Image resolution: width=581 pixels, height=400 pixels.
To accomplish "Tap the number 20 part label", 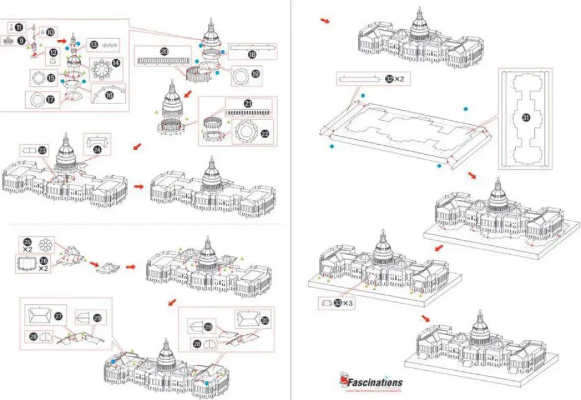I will pyautogui.click(x=164, y=52).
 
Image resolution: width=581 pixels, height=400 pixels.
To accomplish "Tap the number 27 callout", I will pyautogui.click(x=59, y=315).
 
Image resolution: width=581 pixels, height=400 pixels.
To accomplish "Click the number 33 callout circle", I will pyautogui.click(x=341, y=303).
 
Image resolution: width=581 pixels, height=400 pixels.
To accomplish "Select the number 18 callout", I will pyautogui.click(x=252, y=54).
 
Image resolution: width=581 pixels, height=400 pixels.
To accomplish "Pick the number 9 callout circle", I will pyautogui.click(x=22, y=40).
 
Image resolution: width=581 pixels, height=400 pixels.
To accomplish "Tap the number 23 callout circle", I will pyautogui.click(x=42, y=151).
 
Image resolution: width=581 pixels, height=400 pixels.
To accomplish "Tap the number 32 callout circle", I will pyautogui.click(x=390, y=79).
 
